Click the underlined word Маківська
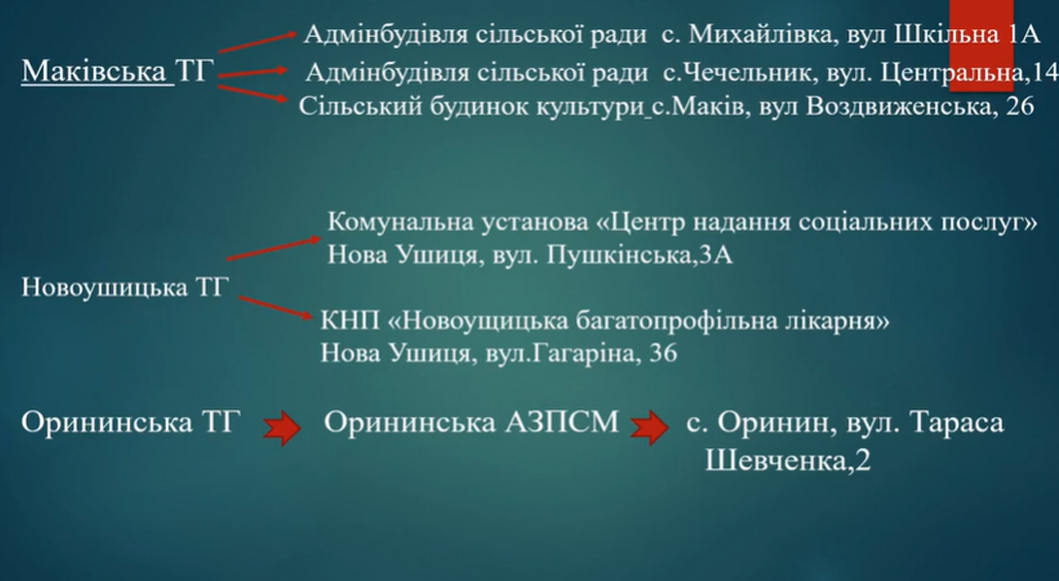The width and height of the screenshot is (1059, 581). pyautogui.click(x=93, y=71)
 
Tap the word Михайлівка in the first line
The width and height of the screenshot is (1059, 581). pyautogui.click(x=759, y=34)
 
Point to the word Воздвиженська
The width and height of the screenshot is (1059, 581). pyautogui.click(x=897, y=107)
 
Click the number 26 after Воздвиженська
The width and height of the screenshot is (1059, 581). pyautogui.click(x=1019, y=107)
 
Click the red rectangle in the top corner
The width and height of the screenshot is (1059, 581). pyautogui.click(x=981, y=46)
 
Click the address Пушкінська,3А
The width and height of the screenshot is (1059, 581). pyautogui.click(x=639, y=256)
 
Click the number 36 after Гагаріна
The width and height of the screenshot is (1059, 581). pyautogui.click(x=663, y=353)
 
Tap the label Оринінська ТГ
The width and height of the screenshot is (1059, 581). pyautogui.click(x=130, y=423)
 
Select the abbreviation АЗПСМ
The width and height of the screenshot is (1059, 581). pyautogui.click(x=562, y=423)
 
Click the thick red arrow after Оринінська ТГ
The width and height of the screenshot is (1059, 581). pyautogui.click(x=282, y=427)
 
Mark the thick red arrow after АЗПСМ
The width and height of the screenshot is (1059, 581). pyautogui.click(x=650, y=427)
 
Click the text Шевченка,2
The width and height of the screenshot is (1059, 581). pyautogui.click(x=788, y=461)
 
